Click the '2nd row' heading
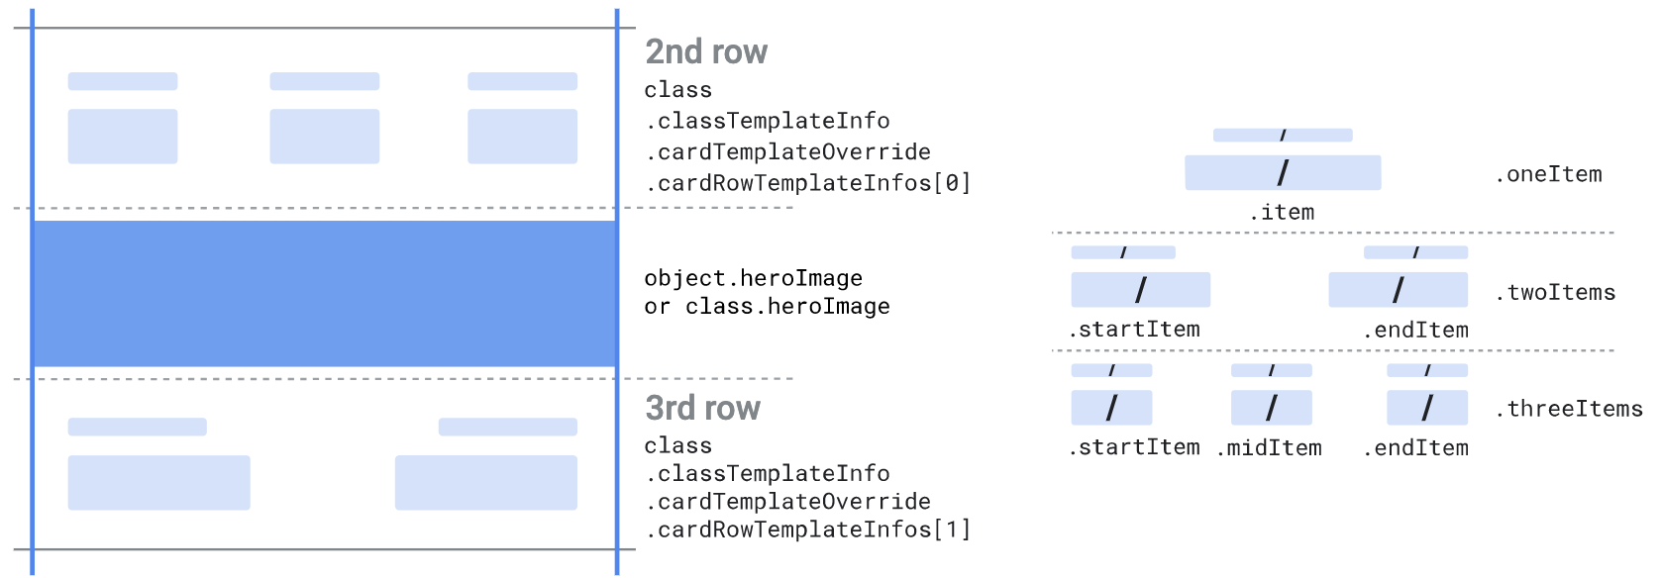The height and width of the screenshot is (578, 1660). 706,51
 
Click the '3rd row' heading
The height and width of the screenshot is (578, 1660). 702,408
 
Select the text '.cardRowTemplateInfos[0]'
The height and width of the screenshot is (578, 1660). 807,183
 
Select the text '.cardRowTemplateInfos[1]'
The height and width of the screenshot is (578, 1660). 807,530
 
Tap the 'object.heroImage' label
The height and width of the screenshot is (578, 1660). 753,278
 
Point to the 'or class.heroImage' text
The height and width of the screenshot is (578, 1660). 767,307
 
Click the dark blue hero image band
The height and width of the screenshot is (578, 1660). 325,294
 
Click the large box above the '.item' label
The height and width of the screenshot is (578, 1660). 1283,173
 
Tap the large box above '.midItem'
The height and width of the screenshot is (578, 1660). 1271,408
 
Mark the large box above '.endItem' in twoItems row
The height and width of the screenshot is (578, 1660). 1398,290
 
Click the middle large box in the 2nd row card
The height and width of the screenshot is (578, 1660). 324,137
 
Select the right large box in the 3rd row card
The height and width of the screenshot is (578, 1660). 485,482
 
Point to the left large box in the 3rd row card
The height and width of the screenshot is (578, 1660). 158,482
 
